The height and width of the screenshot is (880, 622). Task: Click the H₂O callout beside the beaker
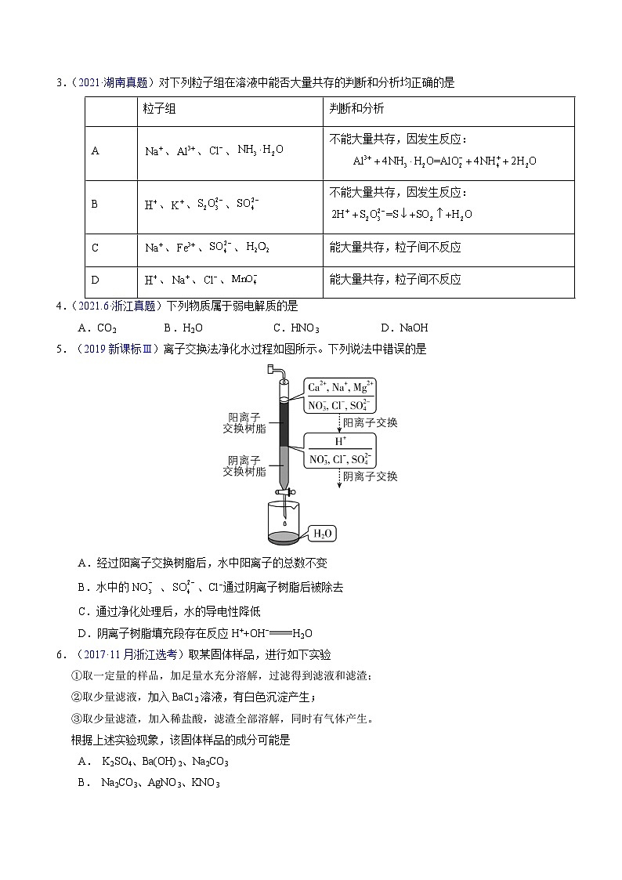pos(324,534)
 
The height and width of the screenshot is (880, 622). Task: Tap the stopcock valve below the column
pos(286,494)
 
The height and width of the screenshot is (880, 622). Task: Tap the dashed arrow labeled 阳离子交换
pos(338,423)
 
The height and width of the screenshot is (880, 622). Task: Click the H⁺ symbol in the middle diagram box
pos(341,442)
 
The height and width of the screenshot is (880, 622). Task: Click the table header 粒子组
pos(159,110)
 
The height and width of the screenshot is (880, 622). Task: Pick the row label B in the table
pos(95,204)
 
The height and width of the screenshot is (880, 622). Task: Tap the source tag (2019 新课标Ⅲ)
pos(114,349)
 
